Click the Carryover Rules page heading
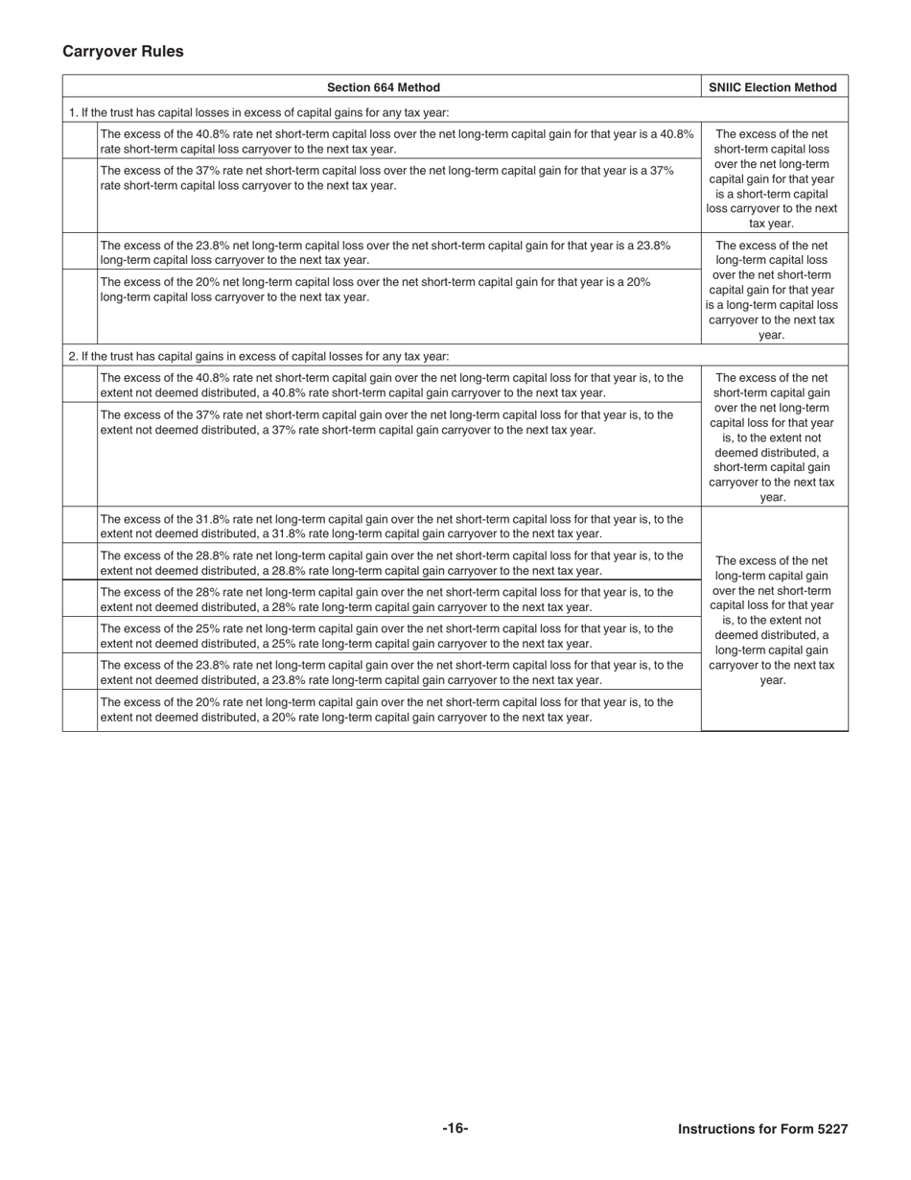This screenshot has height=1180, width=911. click(x=123, y=52)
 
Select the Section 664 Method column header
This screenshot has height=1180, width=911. click(x=384, y=87)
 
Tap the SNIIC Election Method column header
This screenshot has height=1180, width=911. click(x=773, y=87)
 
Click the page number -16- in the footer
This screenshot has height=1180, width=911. click(x=455, y=1128)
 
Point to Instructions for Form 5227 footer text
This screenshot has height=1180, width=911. click(x=762, y=1129)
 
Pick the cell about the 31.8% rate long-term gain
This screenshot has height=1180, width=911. click(x=393, y=526)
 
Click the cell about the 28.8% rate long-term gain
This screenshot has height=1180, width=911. click(x=393, y=562)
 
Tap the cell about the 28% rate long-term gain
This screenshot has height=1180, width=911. click(x=393, y=599)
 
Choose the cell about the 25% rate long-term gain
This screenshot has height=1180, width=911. click(x=393, y=635)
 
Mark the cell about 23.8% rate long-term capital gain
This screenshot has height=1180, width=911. click(x=393, y=672)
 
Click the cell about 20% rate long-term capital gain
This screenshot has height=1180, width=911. click(x=393, y=709)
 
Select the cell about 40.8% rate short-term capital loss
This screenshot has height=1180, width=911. click(x=397, y=141)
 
